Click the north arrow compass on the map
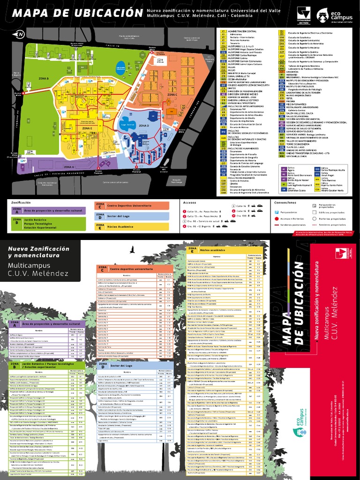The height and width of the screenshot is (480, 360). point(20,34)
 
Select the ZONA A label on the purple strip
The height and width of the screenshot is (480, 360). point(69,167)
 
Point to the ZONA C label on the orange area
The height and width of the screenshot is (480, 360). point(172,94)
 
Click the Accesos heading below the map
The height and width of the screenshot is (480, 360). point(190,202)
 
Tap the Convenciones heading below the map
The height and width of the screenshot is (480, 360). point(285,202)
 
